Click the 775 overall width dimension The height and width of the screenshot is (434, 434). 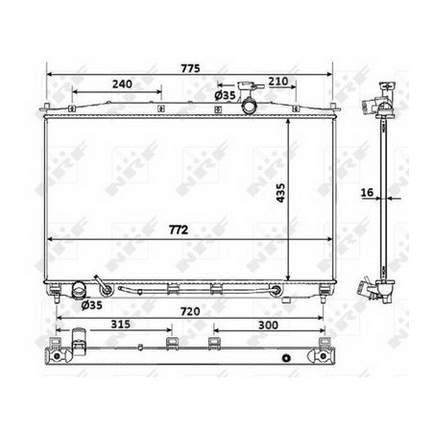(x=190, y=68)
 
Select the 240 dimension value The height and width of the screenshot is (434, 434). (x=122, y=84)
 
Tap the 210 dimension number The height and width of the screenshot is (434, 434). (x=277, y=82)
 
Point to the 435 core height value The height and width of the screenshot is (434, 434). (x=280, y=193)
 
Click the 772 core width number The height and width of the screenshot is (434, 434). (x=179, y=229)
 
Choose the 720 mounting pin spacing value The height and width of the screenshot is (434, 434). (x=190, y=311)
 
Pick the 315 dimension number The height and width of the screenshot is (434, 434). (x=121, y=325)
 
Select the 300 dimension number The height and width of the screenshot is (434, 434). (x=268, y=325)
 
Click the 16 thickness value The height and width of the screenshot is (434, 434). (x=367, y=192)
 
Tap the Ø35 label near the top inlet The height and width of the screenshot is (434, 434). (x=225, y=95)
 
